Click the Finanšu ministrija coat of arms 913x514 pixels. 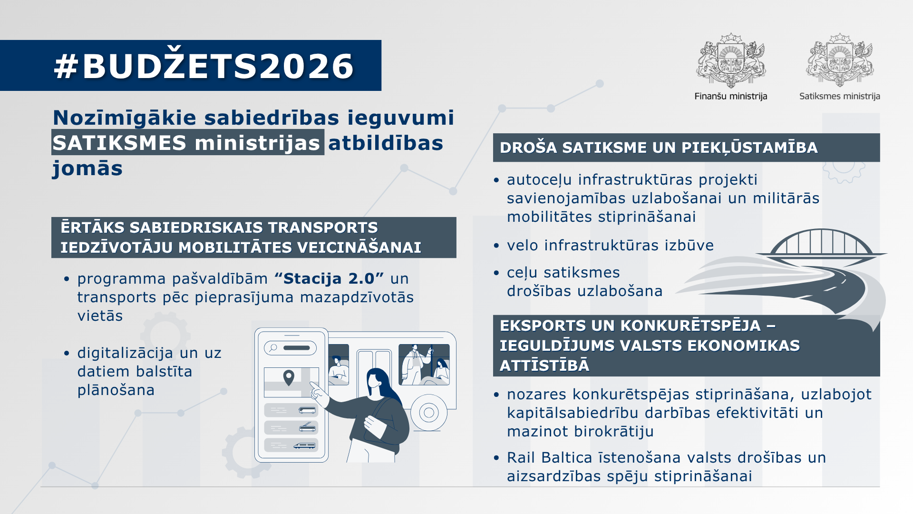pyautogui.click(x=731, y=61)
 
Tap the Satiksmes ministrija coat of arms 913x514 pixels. pyautogui.click(x=840, y=61)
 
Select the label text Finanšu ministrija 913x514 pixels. pyautogui.click(x=731, y=96)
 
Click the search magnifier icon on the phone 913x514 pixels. pyautogui.click(x=273, y=348)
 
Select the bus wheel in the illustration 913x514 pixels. pyautogui.click(x=428, y=412)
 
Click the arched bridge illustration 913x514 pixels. pyautogui.click(x=821, y=245)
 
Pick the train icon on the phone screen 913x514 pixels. pyautogui.click(x=304, y=445)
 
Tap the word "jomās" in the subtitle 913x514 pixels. pyautogui.click(x=87, y=168)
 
